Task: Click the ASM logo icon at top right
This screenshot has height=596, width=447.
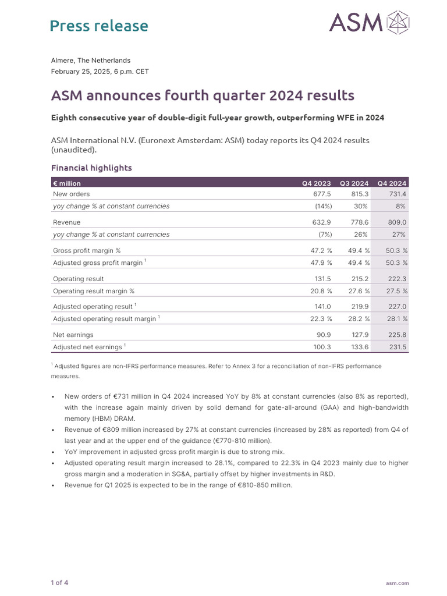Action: click(398, 23)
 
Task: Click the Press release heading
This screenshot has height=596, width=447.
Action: click(99, 26)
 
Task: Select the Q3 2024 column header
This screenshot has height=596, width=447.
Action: click(354, 183)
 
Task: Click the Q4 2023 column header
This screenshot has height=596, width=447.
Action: click(317, 183)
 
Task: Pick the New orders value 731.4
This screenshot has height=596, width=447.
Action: click(395, 194)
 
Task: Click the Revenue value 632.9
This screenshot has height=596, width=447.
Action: click(321, 222)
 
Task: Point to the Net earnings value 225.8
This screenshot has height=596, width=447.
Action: click(395, 335)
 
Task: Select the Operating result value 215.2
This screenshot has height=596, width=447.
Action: click(359, 279)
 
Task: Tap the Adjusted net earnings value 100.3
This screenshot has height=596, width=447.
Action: click(321, 347)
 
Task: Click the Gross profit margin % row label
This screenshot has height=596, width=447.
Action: click(87, 250)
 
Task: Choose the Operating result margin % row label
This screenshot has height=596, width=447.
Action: click(94, 291)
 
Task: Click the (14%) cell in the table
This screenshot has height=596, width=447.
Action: click(321, 206)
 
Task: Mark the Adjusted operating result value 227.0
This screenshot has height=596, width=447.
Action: click(395, 306)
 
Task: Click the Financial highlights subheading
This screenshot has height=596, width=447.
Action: click(91, 168)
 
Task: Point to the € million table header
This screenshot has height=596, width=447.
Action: click(67, 183)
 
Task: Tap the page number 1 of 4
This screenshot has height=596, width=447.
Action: click(59, 582)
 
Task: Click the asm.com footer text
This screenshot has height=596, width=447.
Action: click(398, 583)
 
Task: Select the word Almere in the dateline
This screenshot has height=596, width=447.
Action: click(63, 61)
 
